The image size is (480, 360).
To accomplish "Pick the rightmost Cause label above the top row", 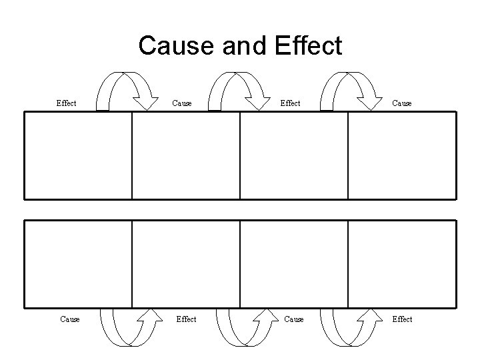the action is pyautogui.click(x=402, y=103).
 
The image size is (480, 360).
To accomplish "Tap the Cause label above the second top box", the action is pyautogui.click(x=182, y=103).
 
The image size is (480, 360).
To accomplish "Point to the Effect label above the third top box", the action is pyautogui.click(x=290, y=103).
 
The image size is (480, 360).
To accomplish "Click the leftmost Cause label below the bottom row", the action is pyautogui.click(x=70, y=319).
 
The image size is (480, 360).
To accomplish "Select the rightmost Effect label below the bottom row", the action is pyautogui.click(x=402, y=319).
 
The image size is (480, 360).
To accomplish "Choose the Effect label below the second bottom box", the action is pyautogui.click(x=186, y=319).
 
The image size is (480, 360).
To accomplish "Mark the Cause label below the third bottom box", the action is pyautogui.click(x=294, y=319).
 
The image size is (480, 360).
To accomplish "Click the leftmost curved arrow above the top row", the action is pyautogui.click(x=125, y=89).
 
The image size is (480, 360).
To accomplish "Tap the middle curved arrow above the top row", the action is pyautogui.click(x=237, y=89).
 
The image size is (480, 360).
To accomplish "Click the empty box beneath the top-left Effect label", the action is pyautogui.click(x=78, y=155).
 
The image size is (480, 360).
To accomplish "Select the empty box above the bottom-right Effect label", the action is pyautogui.click(x=402, y=263).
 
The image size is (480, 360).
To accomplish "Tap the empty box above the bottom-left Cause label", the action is pyautogui.click(x=78, y=263).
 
